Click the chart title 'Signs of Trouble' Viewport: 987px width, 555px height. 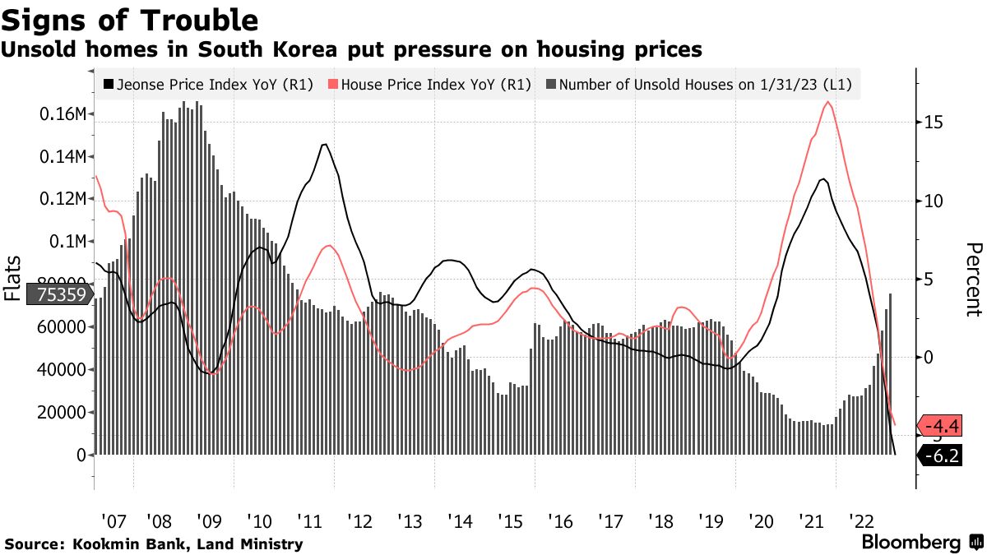[x=131, y=19]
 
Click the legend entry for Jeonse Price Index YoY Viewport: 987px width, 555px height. [x=209, y=84]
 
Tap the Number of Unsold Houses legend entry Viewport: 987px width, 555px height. [x=703, y=84]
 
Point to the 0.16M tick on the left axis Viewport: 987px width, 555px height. [x=63, y=114]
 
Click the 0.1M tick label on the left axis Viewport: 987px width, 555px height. [x=67, y=242]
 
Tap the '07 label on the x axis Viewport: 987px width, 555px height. [x=114, y=521]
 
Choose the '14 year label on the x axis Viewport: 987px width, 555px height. [x=459, y=521]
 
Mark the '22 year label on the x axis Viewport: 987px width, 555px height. [x=861, y=521]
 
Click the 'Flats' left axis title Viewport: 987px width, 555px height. [x=13, y=277]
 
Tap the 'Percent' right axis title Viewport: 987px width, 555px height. [x=974, y=280]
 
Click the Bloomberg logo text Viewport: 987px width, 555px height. [x=911, y=543]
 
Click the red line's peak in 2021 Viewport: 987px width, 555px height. [x=827, y=102]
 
